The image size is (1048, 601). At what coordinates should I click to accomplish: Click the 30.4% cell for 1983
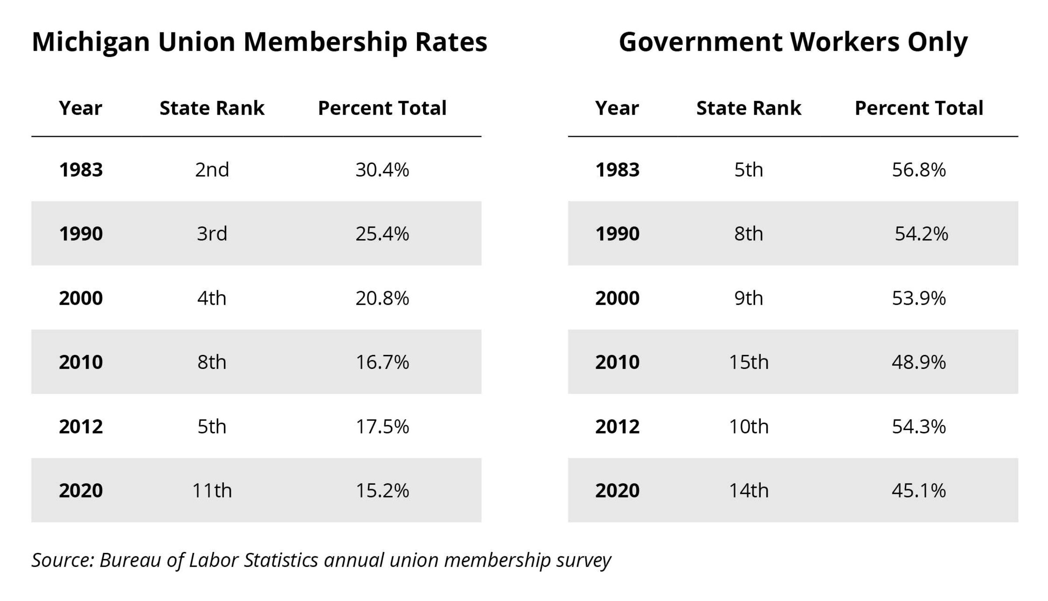click(x=382, y=170)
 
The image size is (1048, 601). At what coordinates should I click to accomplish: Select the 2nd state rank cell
click(x=212, y=170)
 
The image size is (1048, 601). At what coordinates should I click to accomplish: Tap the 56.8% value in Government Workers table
click(x=918, y=170)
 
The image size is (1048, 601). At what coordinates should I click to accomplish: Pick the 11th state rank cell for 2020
click(x=212, y=490)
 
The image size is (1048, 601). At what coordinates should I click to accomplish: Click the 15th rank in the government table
click(x=748, y=362)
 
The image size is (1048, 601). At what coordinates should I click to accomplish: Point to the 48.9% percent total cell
click(x=918, y=362)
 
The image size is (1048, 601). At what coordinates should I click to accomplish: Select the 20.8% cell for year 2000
click(x=382, y=298)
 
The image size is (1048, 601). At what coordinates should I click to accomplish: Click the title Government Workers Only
click(x=793, y=42)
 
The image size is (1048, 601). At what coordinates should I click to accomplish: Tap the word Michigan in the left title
click(x=91, y=43)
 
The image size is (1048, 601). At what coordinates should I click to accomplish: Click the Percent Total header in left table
click(x=382, y=108)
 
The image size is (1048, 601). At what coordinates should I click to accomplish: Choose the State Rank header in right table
click(x=748, y=108)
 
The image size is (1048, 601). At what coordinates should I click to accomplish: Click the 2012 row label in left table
click(x=81, y=427)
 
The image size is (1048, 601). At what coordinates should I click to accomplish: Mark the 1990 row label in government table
click(x=617, y=234)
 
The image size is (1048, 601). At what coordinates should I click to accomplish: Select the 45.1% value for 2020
click(x=918, y=490)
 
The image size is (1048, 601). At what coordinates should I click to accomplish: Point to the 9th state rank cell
click(x=748, y=298)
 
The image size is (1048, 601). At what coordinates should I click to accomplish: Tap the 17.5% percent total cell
click(x=382, y=427)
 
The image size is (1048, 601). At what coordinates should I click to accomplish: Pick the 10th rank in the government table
click(x=748, y=427)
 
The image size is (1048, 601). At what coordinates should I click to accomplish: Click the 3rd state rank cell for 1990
click(x=212, y=234)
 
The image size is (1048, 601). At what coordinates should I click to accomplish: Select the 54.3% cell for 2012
click(x=918, y=427)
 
